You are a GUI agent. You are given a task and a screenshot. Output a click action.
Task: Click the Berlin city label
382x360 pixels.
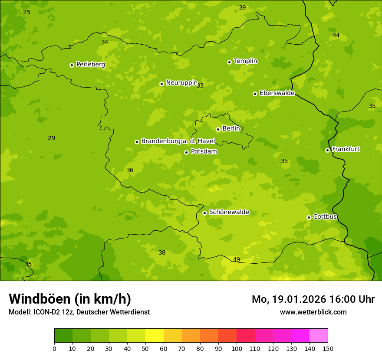pyautogui.click(x=231, y=129)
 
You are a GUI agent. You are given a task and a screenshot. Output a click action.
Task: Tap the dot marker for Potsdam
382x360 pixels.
pyautogui.click(x=186, y=152)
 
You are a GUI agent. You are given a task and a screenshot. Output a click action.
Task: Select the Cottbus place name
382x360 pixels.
pyautogui.click(x=325, y=217)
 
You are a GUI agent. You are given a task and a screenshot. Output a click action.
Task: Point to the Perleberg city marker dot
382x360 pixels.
pyautogui.click(x=72, y=65)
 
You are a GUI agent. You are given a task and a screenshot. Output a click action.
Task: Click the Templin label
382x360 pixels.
pyautogui.click(x=245, y=61)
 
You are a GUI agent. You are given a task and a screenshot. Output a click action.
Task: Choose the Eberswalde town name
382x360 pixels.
pyautogui.click(x=277, y=93)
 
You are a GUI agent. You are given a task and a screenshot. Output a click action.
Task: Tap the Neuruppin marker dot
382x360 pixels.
pyautogui.click(x=161, y=84)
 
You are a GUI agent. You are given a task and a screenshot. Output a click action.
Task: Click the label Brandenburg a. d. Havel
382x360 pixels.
pyautogui.click(x=178, y=141)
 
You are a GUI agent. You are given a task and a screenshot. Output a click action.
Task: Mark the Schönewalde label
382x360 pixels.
pyautogui.click(x=229, y=212)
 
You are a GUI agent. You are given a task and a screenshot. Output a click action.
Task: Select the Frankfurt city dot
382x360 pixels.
pyautogui.click(x=327, y=150)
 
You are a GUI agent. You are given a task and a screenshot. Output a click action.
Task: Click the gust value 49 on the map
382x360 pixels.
pyautogui.click(x=237, y=259)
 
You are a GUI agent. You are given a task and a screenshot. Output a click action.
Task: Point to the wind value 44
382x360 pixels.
pyautogui.click(x=336, y=35)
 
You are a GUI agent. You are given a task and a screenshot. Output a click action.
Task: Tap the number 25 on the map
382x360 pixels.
pyautogui.click(x=26, y=12)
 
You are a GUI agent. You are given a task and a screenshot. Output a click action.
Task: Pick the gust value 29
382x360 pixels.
pyautogui.click(x=51, y=138)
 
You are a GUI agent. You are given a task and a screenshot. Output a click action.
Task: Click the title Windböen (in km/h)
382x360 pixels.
pyautogui.click(x=70, y=299)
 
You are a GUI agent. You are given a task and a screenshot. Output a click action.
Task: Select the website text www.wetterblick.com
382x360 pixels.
pyautogui.click(x=313, y=312)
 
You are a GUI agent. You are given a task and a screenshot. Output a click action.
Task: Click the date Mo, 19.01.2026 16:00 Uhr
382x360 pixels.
pyautogui.click(x=313, y=299)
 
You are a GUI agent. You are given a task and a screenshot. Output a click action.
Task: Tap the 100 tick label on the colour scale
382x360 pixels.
pyautogui.click(x=237, y=348)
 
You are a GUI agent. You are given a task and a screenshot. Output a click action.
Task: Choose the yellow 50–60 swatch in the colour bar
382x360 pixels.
pyautogui.click(x=155, y=336)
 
